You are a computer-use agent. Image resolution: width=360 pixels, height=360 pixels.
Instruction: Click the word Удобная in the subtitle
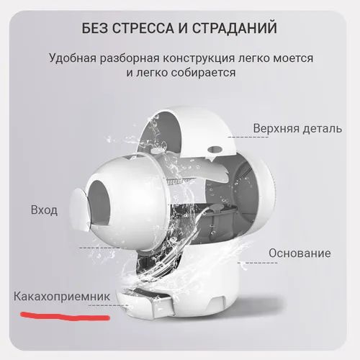(x=74, y=57)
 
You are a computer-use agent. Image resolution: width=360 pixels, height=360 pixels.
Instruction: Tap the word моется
(x=291, y=57)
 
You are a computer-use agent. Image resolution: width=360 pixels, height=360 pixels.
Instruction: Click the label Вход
(x=45, y=211)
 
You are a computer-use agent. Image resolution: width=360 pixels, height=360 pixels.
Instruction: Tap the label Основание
(x=300, y=253)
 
